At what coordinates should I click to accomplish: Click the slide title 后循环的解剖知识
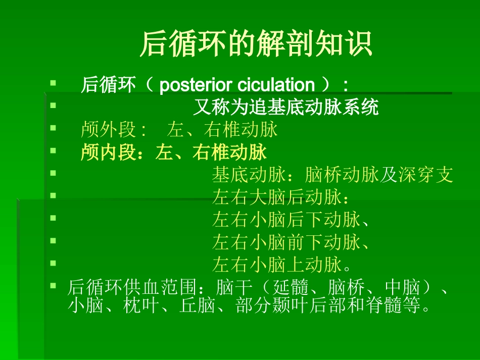[256, 44]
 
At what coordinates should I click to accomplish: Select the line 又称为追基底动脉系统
[286, 108]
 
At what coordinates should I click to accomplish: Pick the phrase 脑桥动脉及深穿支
[379, 175]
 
